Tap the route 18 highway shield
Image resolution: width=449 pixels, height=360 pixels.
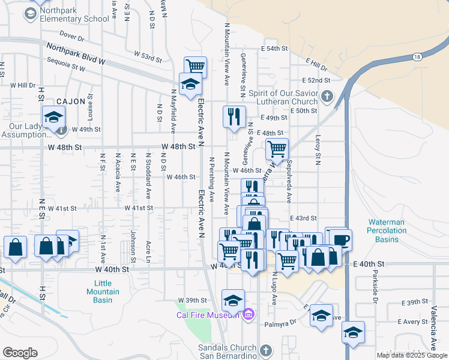pos(416,56)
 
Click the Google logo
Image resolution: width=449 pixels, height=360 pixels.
pos(19,353)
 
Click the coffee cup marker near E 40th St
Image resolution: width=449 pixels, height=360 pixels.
pos(341,239)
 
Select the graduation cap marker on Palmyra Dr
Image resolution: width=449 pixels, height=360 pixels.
pos(321,315)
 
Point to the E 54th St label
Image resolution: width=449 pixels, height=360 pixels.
pos(274,48)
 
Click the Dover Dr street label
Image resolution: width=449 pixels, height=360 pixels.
pos(73,37)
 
